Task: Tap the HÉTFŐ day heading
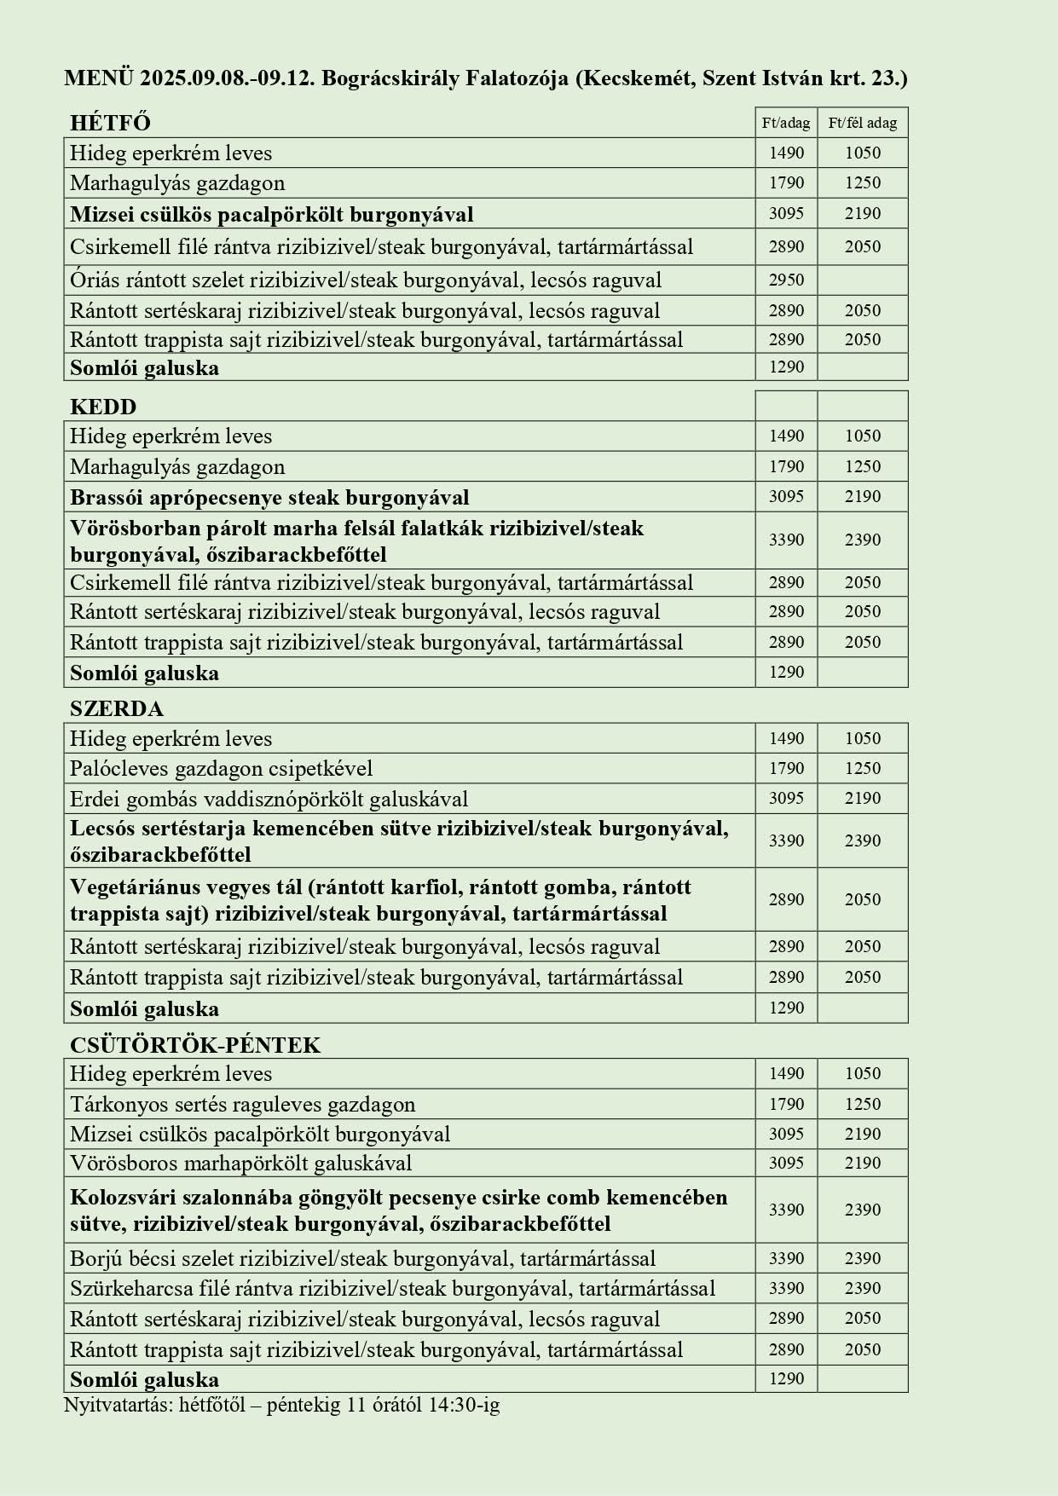[x=110, y=123]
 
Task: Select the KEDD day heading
[x=103, y=406]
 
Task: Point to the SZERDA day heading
[x=117, y=708]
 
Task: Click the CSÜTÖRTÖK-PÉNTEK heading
[x=195, y=1045]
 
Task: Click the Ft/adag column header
[x=786, y=123]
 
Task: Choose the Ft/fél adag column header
[x=862, y=123]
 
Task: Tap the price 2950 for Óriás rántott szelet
[x=786, y=280]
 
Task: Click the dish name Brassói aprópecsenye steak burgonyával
[x=269, y=497]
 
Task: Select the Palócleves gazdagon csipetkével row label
[x=222, y=769]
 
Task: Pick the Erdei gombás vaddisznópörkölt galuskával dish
[x=269, y=799]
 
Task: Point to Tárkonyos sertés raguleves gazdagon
[x=243, y=1105]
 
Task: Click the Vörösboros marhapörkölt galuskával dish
[x=241, y=1163]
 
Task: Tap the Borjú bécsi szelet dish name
[x=153, y=1258]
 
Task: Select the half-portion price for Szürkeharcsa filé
[x=862, y=1288]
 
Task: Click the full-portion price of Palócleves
[x=786, y=768]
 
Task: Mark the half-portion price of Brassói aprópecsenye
[x=862, y=496]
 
